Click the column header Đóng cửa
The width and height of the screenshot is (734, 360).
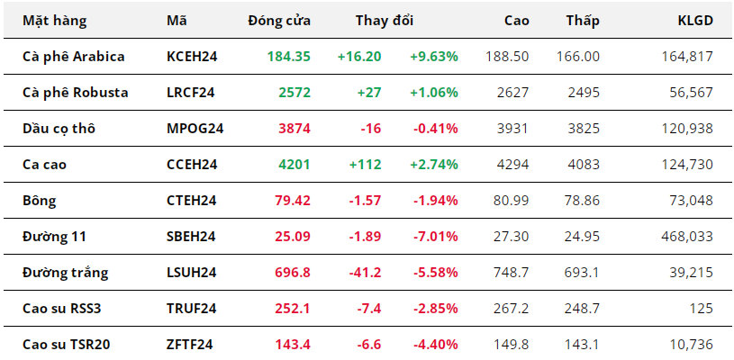point(279,21)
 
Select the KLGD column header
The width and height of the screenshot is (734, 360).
point(695,21)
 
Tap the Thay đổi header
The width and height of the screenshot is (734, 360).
point(385,21)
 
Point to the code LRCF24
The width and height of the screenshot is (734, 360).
point(191,93)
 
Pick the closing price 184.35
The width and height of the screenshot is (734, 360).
point(289,57)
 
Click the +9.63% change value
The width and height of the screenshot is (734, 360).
point(434,57)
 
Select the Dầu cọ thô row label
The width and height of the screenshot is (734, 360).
point(59,129)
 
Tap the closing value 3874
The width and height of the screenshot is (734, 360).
point(295,129)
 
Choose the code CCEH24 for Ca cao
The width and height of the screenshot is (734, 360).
point(192,165)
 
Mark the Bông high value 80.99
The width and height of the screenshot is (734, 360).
point(512,201)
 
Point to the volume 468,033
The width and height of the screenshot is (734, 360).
point(687,237)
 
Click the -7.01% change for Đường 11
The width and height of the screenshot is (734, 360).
point(435,237)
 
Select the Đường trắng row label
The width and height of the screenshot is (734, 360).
point(65,273)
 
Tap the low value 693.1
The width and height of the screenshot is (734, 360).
point(577,273)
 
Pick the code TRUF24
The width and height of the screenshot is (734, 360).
point(191,309)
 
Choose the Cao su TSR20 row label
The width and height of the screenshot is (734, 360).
point(67,345)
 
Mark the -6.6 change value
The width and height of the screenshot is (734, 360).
point(369,345)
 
